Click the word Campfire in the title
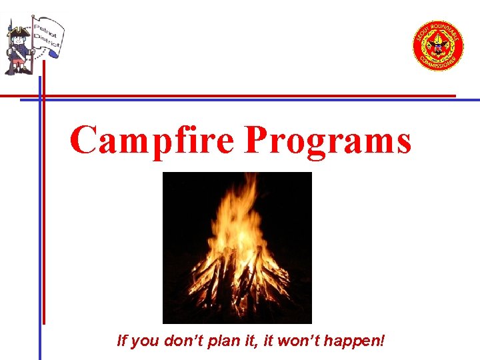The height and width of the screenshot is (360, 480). [152, 141]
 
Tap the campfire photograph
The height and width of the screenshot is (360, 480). [237, 247]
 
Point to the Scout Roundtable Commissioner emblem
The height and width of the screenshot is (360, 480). [438, 46]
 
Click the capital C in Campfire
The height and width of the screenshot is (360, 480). [85, 141]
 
